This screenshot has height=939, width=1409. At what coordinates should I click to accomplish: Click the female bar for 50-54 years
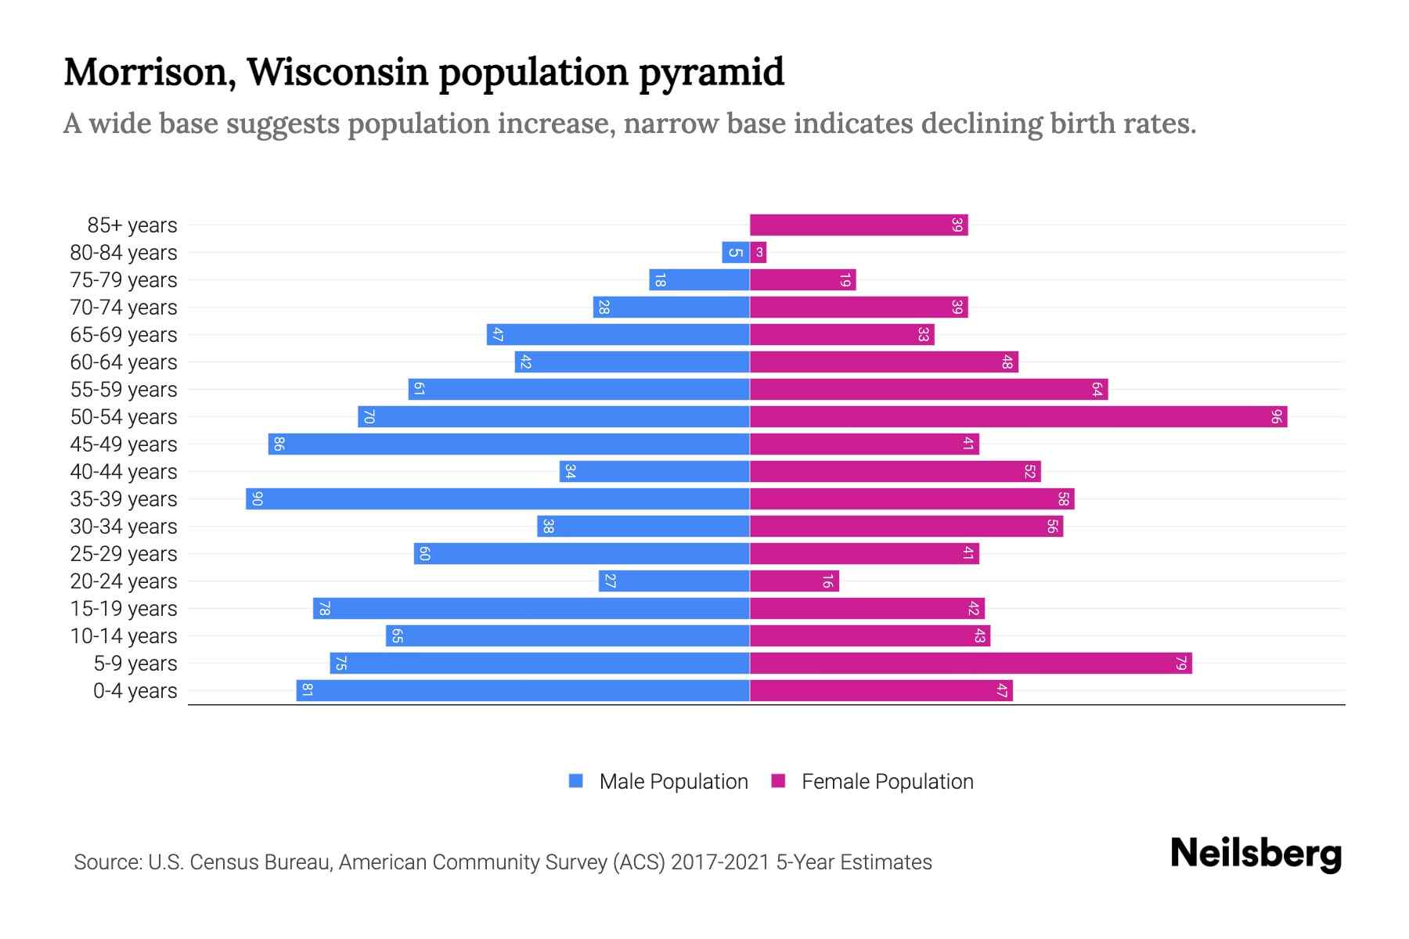(x=1018, y=417)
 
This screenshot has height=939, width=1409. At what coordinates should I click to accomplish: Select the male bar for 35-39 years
(x=498, y=499)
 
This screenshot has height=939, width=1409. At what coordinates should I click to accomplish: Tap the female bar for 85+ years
(x=859, y=225)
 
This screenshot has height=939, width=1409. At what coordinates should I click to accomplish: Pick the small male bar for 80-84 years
(x=735, y=253)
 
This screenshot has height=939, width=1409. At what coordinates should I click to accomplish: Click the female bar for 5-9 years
(x=971, y=664)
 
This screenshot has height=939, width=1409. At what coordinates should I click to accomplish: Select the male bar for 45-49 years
(x=509, y=444)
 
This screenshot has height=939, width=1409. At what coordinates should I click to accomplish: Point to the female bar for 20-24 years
(x=794, y=581)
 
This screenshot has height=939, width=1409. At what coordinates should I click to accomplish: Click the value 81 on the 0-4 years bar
(x=307, y=691)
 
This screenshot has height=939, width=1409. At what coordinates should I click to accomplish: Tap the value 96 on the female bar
(x=1276, y=417)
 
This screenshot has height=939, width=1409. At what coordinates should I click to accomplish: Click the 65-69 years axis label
(x=124, y=335)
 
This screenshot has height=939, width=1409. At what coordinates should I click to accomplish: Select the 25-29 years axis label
(x=124, y=554)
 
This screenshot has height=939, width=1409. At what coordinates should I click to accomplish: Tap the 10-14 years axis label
(x=124, y=636)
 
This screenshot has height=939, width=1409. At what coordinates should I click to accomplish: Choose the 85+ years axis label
(x=132, y=225)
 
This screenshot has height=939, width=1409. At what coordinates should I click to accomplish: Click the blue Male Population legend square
(x=576, y=781)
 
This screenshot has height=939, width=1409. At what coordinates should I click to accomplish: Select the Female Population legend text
(x=887, y=781)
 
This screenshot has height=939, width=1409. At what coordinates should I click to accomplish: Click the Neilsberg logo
(x=1256, y=854)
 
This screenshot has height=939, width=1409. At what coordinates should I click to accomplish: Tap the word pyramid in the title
(x=711, y=72)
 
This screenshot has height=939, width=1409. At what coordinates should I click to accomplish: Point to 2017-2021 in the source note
(x=720, y=862)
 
